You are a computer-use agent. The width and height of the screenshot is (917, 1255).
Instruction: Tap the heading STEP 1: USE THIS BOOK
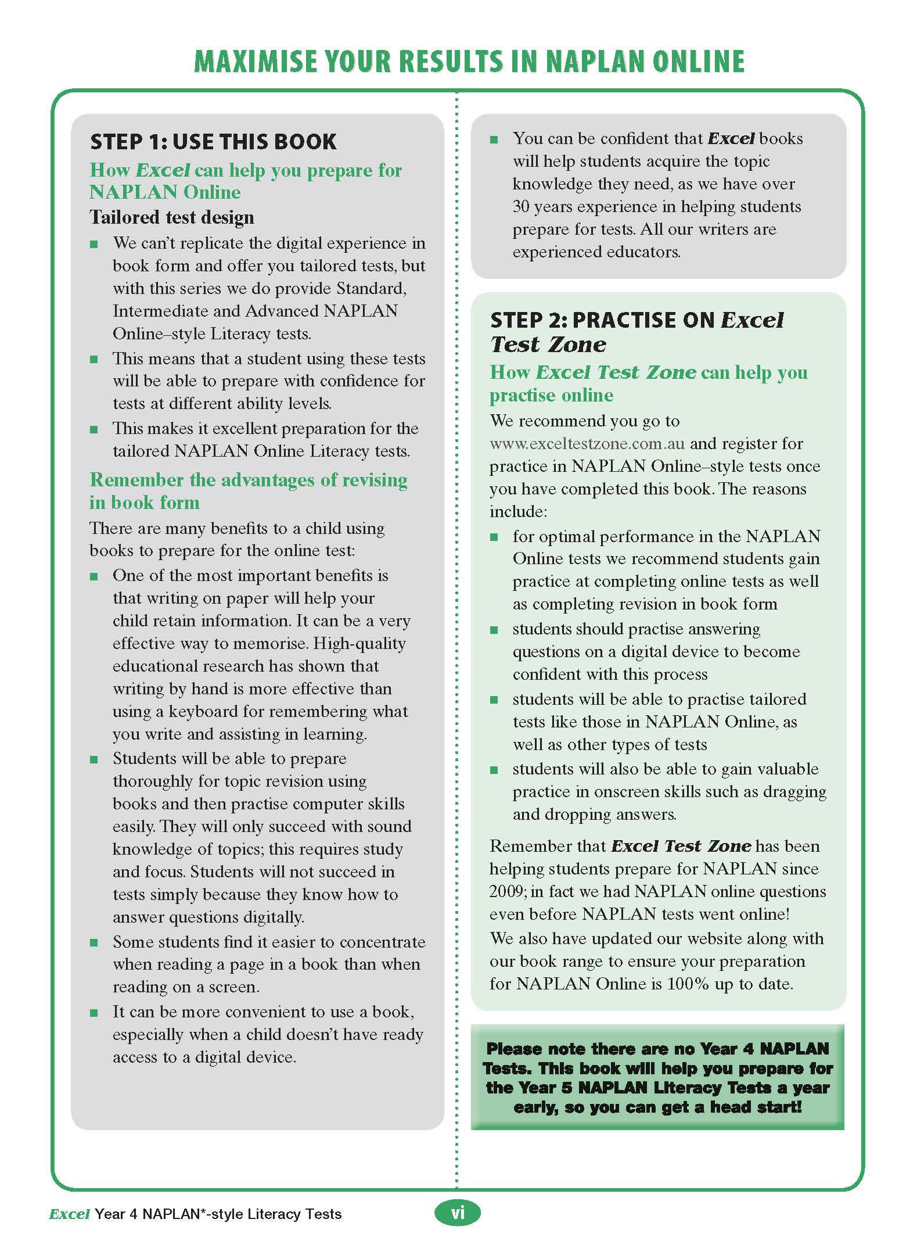pos(213,142)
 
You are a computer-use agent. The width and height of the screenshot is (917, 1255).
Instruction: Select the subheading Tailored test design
pos(172,217)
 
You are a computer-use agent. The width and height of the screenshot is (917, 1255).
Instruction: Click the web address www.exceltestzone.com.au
pos(587,444)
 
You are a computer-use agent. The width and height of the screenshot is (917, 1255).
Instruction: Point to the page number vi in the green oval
pos(458,1213)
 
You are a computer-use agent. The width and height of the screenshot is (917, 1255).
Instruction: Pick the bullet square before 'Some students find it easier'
pos(94,942)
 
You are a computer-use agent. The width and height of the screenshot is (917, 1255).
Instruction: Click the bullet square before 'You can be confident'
pos(494,139)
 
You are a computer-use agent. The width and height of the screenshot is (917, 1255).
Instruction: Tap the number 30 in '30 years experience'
pos(521,207)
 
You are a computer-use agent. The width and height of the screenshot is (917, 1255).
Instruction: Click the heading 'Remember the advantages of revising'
pos(249,480)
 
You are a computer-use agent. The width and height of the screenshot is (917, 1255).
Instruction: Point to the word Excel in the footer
pos(69,1214)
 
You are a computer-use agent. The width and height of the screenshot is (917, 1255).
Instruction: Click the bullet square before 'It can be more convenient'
pos(94,1012)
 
